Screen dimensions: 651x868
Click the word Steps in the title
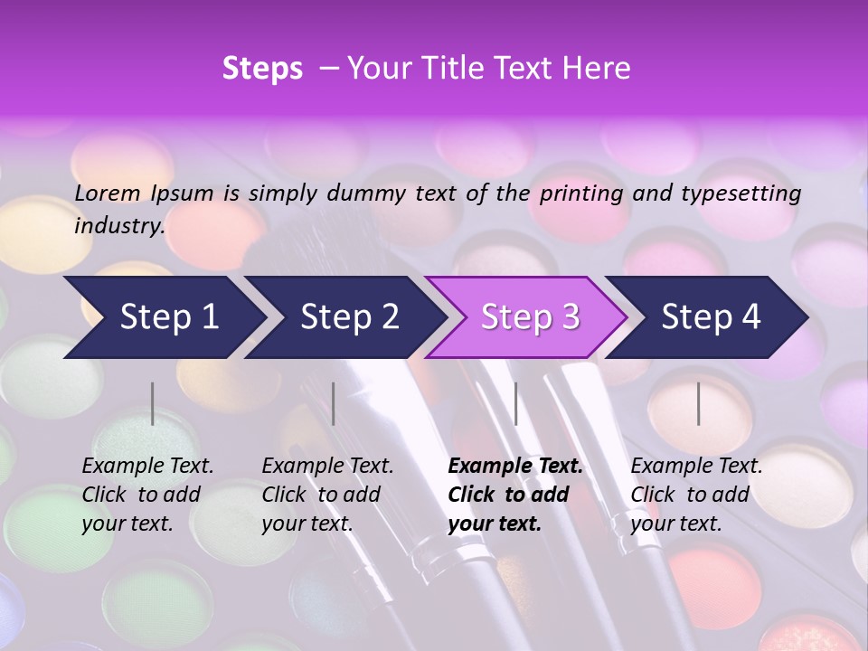tap(262, 69)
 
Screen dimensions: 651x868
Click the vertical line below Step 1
tap(153, 403)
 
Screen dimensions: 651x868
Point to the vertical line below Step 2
tap(334, 403)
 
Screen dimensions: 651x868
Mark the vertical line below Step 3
tap(515, 403)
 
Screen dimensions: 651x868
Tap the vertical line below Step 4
tap(698, 403)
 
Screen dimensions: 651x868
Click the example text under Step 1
tap(147, 495)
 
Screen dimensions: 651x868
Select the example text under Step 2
tap(327, 495)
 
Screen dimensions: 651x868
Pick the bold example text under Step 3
tap(515, 495)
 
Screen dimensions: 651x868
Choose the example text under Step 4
tap(696, 495)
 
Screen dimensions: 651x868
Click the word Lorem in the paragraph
tap(108, 193)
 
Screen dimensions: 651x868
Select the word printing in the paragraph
tap(581, 193)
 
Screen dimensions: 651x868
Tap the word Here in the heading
tap(596, 69)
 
